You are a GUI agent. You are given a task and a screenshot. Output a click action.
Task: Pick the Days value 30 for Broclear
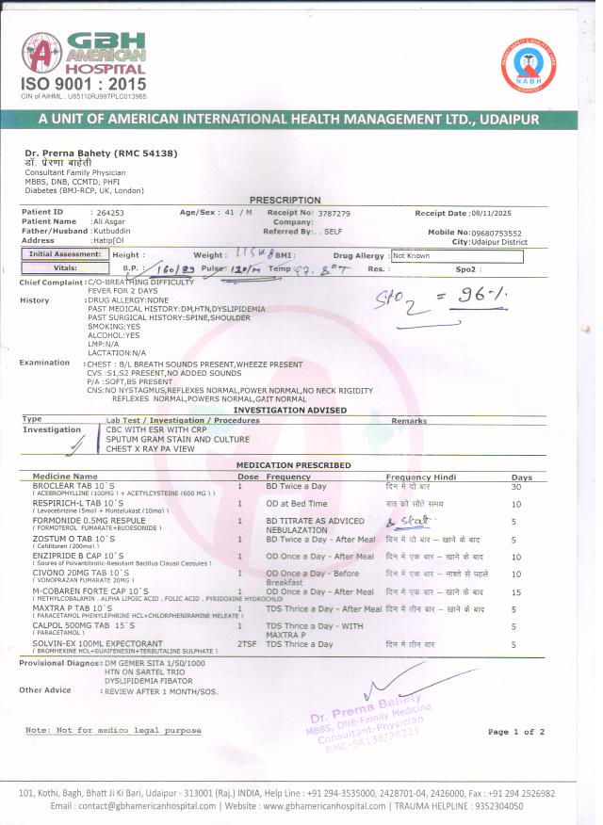pyautogui.click(x=541, y=487)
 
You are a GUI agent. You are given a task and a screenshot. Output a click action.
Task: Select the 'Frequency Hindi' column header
pyautogui.click(x=420, y=477)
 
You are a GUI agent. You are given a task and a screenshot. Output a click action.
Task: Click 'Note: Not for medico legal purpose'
pyautogui.click(x=113, y=731)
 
